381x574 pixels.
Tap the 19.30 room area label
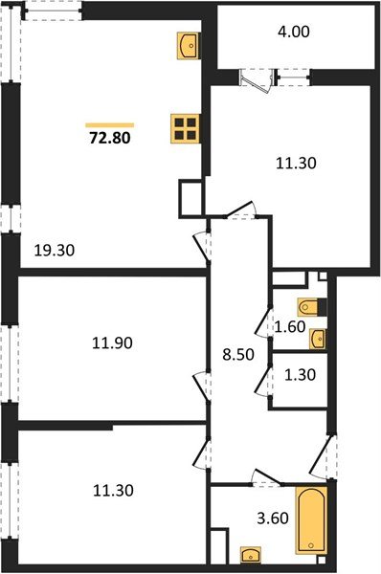pyautogui.click(x=55, y=252)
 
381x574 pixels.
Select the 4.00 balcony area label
pyautogui.click(x=293, y=32)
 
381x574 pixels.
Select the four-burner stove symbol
pyautogui.click(x=186, y=127)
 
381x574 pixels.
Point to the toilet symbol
pyautogui.click(x=312, y=307)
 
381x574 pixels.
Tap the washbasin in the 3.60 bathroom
pyautogui.click(x=251, y=554)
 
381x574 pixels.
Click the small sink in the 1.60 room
pyautogui.click(x=319, y=337)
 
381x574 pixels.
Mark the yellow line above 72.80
pyautogui.click(x=110, y=124)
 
